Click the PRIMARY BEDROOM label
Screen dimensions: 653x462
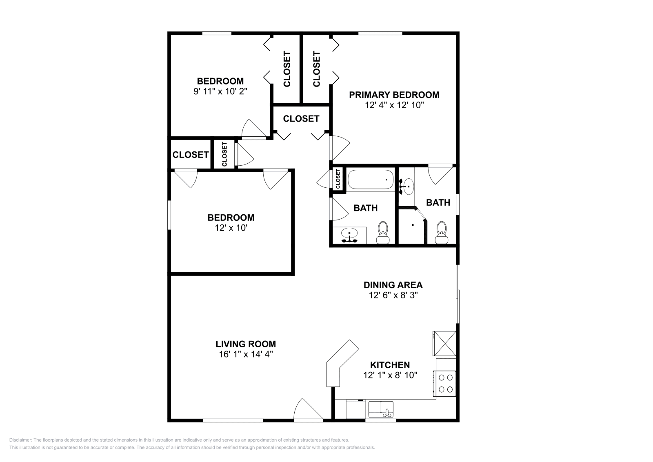point(394,95)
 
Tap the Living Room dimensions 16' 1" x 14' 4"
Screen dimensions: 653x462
point(246,354)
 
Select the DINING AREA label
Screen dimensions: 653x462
point(393,285)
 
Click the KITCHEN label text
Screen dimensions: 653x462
point(390,364)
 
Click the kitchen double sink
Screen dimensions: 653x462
point(381,409)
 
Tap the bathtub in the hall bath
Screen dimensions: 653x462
point(371,180)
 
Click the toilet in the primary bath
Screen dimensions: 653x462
point(442,233)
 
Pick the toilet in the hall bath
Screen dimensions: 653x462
point(383,233)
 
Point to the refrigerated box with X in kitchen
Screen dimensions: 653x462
point(444,343)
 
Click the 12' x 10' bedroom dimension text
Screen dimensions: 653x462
point(231,228)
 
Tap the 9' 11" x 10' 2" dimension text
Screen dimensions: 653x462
point(220,91)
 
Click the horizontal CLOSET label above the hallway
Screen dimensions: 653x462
point(301,119)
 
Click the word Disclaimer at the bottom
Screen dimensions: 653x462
point(20,440)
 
